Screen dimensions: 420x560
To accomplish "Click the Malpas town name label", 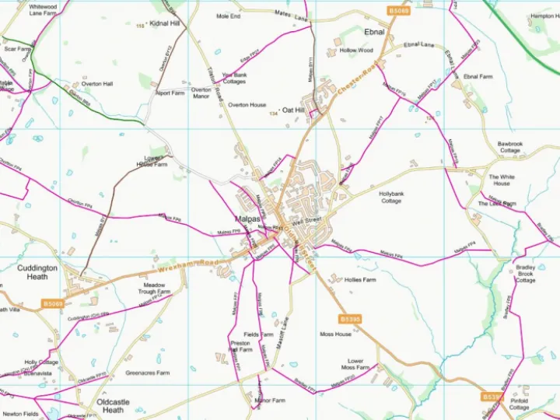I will pyautogui.click(x=248, y=219).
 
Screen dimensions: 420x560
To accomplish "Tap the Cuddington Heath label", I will pyautogui.click(x=37, y=272).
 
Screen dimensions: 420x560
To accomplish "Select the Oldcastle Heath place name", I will pyautogui.click(x=113, y=406).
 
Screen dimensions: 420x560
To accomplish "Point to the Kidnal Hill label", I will pyautogui.click(x=165, y=24).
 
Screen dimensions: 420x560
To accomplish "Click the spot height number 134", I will pyautogui.click(x=273, y=114).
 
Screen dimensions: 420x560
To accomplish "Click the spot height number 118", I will pyautogui.click(x=140, y=26).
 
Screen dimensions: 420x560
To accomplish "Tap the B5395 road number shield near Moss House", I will pyautogui.click(x=350, y=319).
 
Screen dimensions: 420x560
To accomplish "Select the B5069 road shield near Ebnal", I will pyautogui.click(x=398, y=10).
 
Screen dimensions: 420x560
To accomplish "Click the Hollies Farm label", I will pyautogui.click(x=360, y=280).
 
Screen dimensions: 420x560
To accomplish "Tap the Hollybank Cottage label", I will pyautogui.click(x=391, y=197).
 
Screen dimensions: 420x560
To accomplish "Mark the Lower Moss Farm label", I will pyautogui.click(x=355, y=365).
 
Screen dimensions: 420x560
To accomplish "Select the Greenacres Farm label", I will pyautogui.click(x=148, y=373).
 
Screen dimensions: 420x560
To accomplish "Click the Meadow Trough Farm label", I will pyautogui.click(x=153, y=289).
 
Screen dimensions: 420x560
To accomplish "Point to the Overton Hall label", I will pyautogui.click(x=97, y=83).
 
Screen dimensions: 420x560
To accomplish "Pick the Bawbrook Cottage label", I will pyautogui.click(x=510, y=147).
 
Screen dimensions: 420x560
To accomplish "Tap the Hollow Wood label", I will pyautogui.click(x=356, y=51).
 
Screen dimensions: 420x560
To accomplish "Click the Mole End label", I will pyautogui.click(x=229, y=16).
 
